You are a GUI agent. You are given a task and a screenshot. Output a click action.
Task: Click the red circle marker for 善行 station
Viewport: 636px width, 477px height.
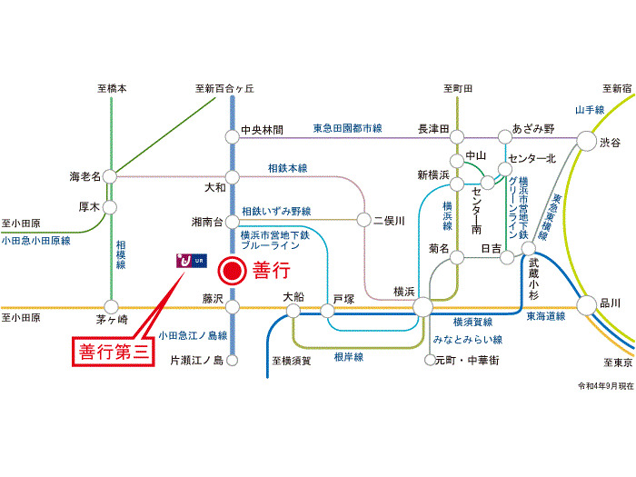(x=234, y=271)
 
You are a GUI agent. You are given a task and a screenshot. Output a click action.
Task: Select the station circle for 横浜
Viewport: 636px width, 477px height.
(x=422, y=307)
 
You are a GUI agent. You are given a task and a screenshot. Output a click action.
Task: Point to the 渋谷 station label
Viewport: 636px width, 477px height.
(x=611, y=144)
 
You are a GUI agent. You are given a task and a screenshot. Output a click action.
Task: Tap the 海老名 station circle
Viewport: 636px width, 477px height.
(x=110, y=175)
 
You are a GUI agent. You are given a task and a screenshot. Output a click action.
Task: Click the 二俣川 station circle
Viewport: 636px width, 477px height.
(x=364, y=220)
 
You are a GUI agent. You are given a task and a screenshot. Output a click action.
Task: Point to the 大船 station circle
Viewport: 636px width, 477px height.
(x=293, y=311)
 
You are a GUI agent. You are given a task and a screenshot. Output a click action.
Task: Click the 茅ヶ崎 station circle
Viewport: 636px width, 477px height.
(x=110, y=307)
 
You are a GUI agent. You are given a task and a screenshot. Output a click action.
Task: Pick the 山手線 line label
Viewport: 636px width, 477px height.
(x=589, y=110)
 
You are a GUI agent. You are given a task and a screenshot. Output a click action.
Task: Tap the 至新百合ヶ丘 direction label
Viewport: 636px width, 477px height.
(x=224, y=89)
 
